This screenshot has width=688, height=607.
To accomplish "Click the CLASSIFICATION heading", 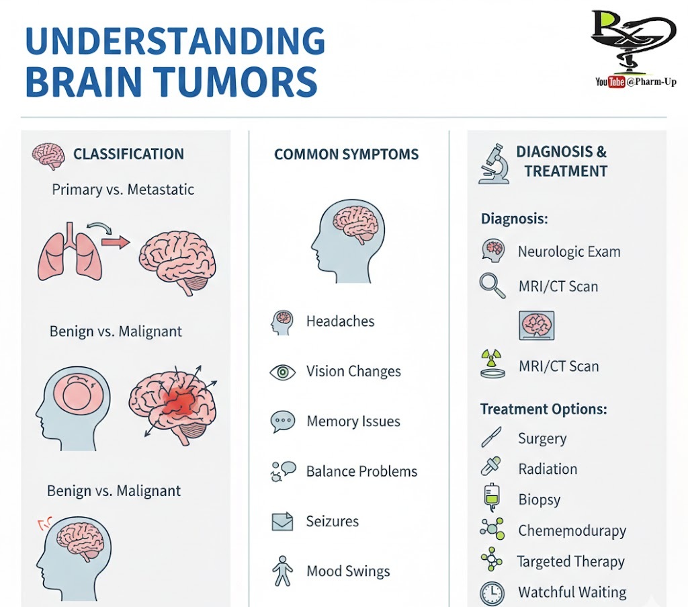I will [128, 154].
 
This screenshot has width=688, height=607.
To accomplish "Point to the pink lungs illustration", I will [66, 252].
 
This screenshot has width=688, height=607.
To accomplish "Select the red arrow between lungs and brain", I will [116, 242].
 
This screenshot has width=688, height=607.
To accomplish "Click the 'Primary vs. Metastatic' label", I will [123, 190].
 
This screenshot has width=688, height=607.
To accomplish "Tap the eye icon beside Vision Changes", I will [282, 372].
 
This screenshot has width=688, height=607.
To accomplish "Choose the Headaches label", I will [340, 321].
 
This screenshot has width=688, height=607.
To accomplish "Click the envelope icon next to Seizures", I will [282, 522].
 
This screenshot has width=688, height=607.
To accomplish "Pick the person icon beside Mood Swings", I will [282, 571].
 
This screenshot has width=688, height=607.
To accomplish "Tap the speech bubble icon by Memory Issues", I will [282, 421].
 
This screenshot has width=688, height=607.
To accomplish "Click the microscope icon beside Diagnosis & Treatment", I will [493, 163].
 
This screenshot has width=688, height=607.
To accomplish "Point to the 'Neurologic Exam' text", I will [568, 252].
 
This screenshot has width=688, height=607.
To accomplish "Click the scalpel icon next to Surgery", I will [491, 438].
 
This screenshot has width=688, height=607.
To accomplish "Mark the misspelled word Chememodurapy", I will [572, 531].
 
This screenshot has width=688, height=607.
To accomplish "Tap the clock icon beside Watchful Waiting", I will [492, 593].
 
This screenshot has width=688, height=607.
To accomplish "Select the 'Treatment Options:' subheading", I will [544, 409].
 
